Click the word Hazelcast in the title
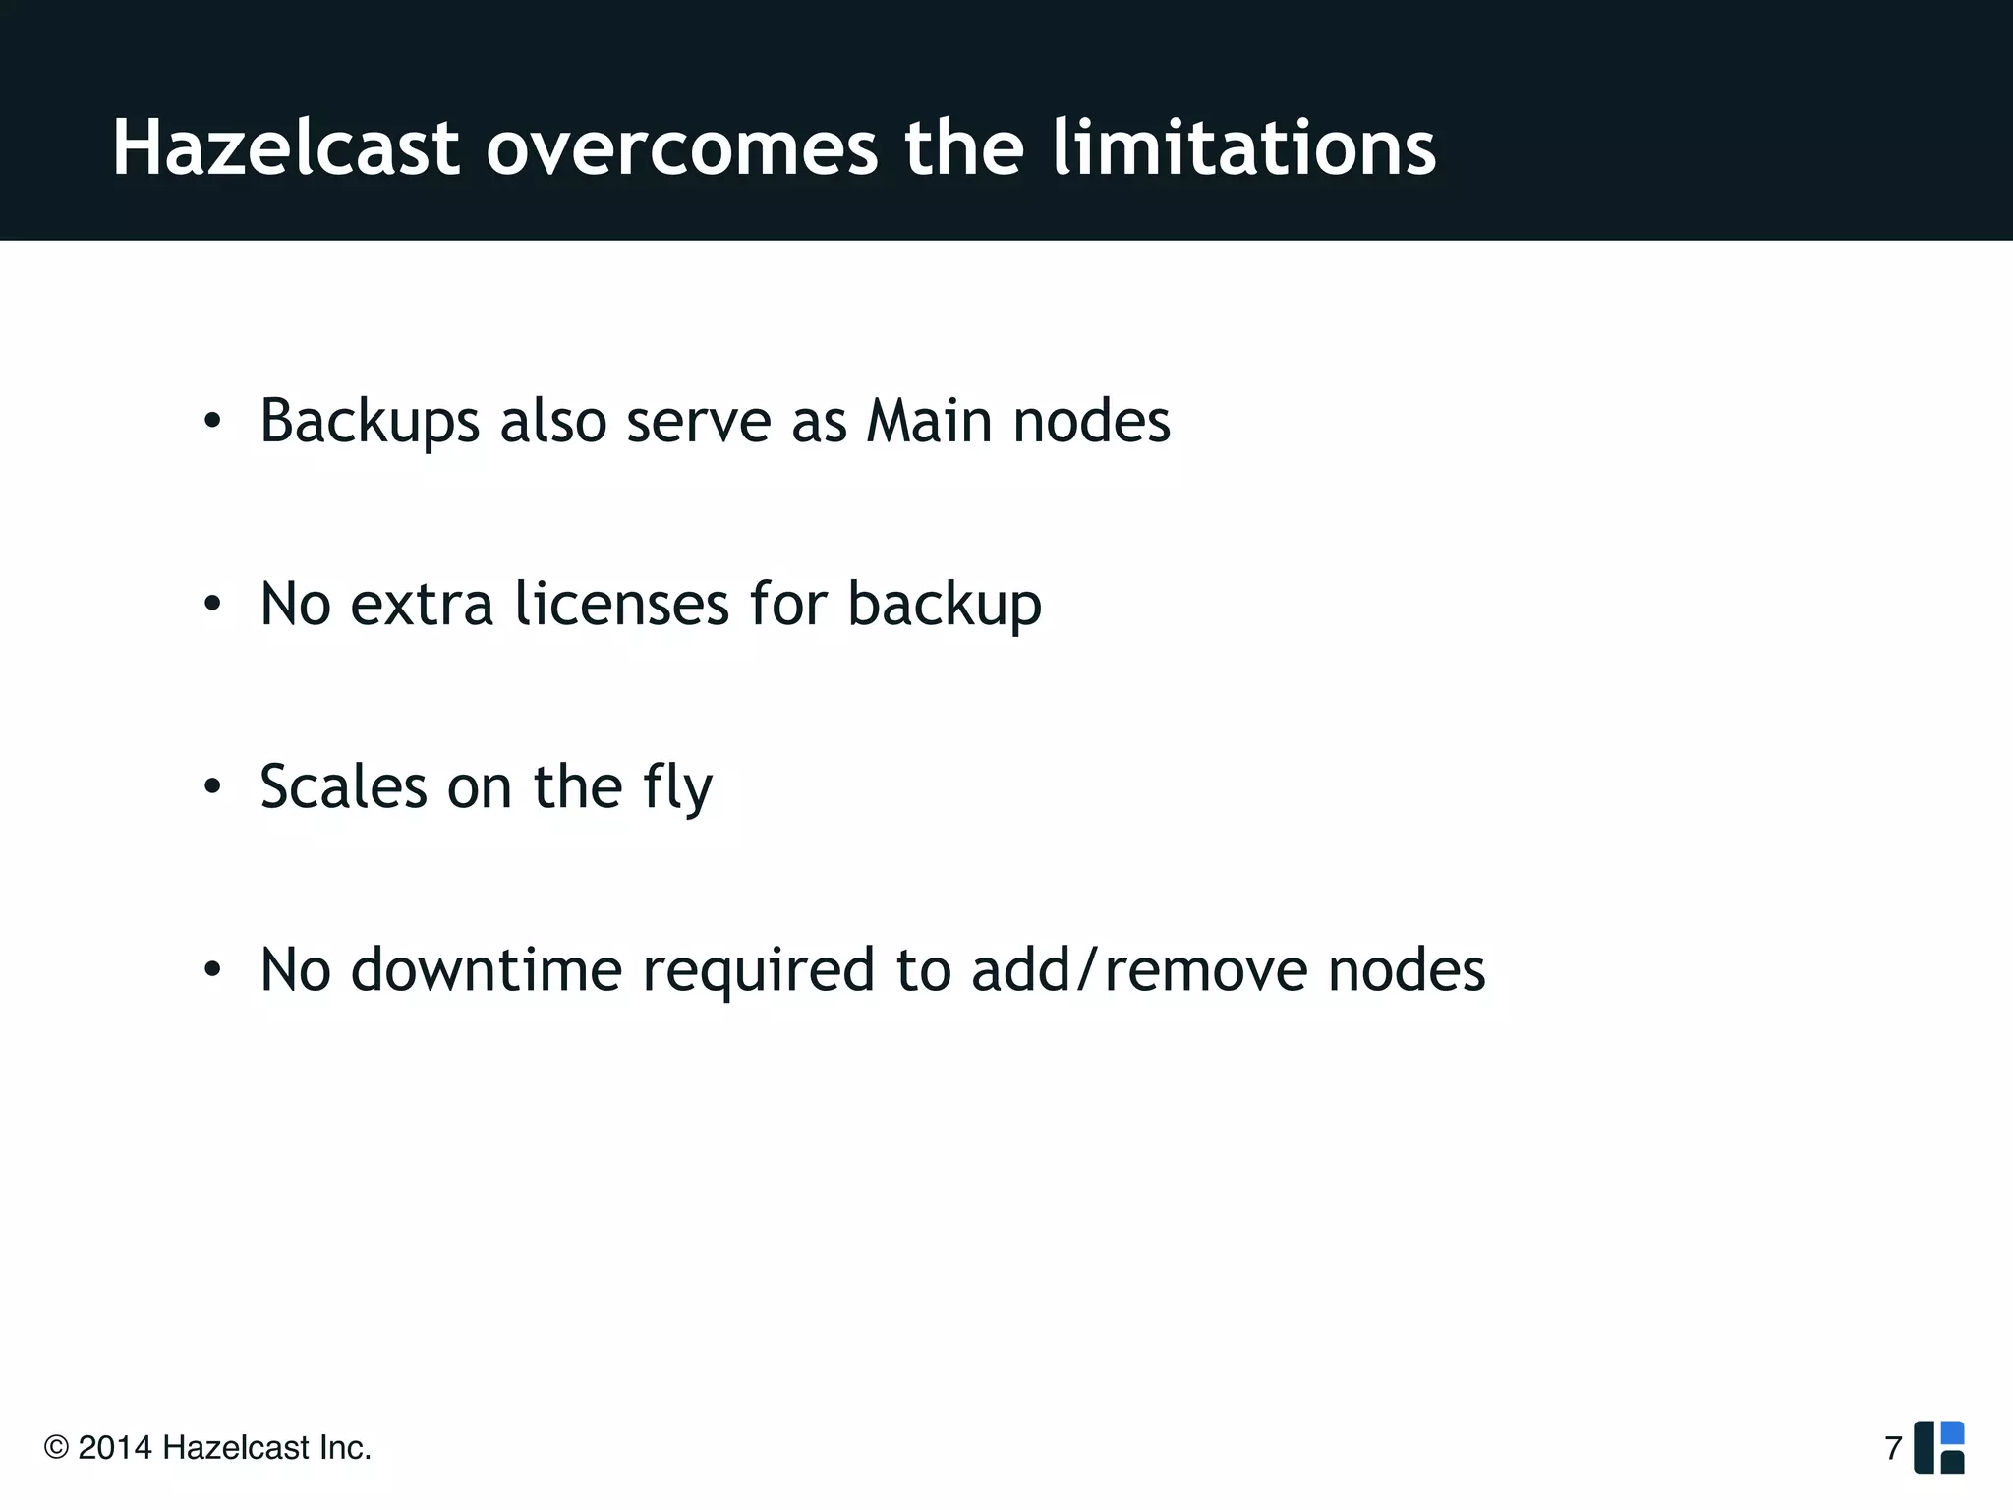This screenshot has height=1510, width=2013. (x=285, y=149)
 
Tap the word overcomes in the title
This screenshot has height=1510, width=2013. (x=681, y=149)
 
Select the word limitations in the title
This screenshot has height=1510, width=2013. (x=1243, y=149)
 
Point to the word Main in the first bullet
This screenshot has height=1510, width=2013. (x=929, y=421)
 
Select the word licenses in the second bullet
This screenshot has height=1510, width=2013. (x=621, y=604)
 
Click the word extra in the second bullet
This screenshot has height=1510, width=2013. (x=421, y=604)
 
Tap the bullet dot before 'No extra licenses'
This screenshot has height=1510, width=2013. (x=212, y=605)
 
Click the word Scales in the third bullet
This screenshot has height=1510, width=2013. (x=343, y=787)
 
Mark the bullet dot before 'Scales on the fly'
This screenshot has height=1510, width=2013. (x=212, y=787)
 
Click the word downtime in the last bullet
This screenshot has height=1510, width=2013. (x=486, y=970)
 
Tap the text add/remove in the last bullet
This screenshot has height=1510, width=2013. (x=1139, y=970)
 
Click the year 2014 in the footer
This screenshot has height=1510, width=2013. (x=114, y=1448)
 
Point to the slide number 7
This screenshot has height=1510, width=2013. (x=1893, y=1448)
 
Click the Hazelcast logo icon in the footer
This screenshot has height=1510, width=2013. (x=1938, y=1447)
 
